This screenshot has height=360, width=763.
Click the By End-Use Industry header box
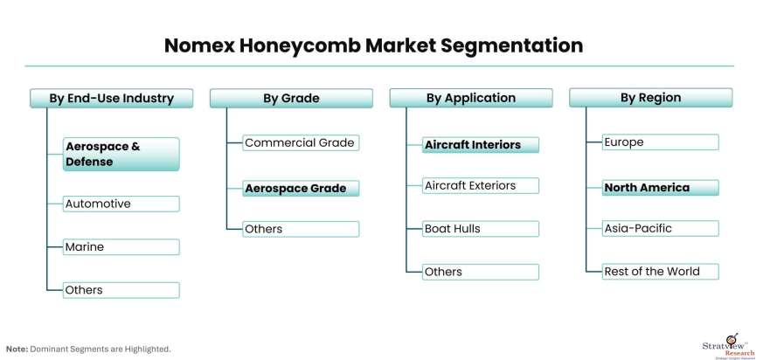(x=111, y=98)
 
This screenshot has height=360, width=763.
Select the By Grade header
(x=291, y=98)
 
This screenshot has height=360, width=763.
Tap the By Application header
(x=471, y=98)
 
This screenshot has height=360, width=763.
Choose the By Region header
(x=650, y=98)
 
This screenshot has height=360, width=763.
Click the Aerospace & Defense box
(x=121, y=154)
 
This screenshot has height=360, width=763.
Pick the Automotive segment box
(x=121, y=204)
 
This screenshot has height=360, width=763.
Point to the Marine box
(x=121, y=247)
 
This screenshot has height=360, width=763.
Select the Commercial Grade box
(x=301, y=143)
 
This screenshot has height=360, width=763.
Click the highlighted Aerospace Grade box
(x=301, y=188)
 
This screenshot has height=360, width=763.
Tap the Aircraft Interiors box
(x=481, y=145)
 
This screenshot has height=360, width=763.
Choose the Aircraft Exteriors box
(x=481, y=186)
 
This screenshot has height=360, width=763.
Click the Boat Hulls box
(x=481, y=229)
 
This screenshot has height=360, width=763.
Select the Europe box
(x=661, y=142)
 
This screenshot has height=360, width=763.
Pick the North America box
(x=661, y=188)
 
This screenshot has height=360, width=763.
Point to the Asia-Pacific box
(x=661, y=229)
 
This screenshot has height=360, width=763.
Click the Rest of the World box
(x=661, y=272)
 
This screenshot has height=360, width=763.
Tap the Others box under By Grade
(x=301, y=229)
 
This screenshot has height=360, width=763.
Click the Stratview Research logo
(x=727, y=344)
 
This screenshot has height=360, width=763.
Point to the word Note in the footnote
(x=17, y=350)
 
